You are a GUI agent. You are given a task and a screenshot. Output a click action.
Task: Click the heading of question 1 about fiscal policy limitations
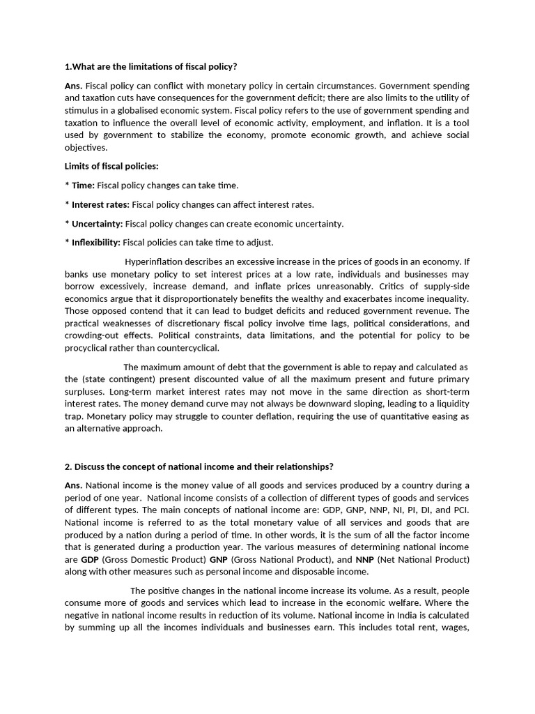(x=150, y=67)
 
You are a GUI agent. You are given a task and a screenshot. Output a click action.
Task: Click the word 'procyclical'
(x=88, y=349)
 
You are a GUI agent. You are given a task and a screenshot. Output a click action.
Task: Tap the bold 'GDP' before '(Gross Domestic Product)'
(x=90, y=560)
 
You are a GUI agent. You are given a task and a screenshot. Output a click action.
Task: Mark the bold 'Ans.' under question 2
(x=73, y=485)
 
